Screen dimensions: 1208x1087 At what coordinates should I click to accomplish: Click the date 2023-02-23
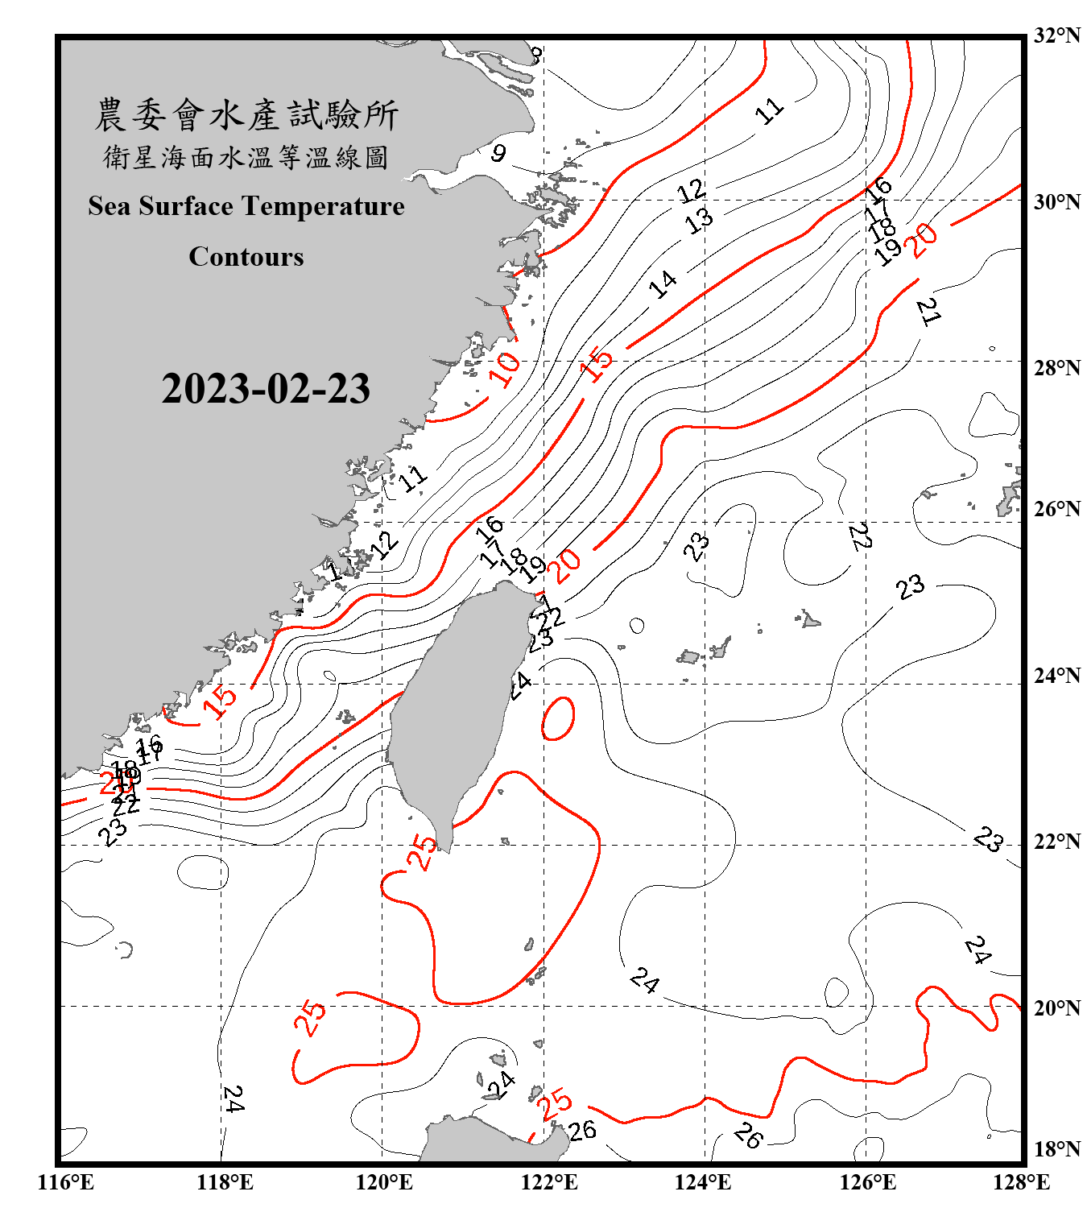[x=266, y=389]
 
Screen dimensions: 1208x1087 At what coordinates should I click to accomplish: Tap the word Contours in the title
[x=246, y=257]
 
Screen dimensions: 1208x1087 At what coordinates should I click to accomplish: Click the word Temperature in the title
[x=324, y=206]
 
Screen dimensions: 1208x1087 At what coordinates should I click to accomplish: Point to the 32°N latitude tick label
[x=1056, y=35]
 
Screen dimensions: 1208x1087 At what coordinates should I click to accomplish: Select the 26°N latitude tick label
[x=1056, y=509]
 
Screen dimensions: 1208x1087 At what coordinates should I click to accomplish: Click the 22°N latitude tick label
[x=1056, y=842]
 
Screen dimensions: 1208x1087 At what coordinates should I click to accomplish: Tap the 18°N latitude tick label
[x=1056, y=1149]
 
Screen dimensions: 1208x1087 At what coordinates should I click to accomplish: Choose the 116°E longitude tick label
[x=66, y=1182]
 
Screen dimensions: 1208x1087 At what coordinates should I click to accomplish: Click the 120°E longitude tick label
[x=384, y=1182]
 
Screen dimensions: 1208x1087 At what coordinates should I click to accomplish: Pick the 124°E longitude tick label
[x=703, y=1182]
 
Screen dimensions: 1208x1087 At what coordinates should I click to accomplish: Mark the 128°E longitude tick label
[x=1021, y=1182]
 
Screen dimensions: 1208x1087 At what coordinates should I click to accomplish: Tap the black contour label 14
[x=663, y=283]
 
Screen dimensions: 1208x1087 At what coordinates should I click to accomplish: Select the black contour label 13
[x=699, y=219]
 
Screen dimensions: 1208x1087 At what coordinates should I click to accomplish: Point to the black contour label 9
[x=499, y=153]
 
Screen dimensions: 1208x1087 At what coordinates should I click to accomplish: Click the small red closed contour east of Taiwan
[x=558, y=718]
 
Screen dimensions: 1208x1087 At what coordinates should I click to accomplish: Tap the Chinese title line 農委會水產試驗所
[x=246, y=115]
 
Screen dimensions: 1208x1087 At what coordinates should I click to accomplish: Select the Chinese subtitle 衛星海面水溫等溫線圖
[x=246, y=158]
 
